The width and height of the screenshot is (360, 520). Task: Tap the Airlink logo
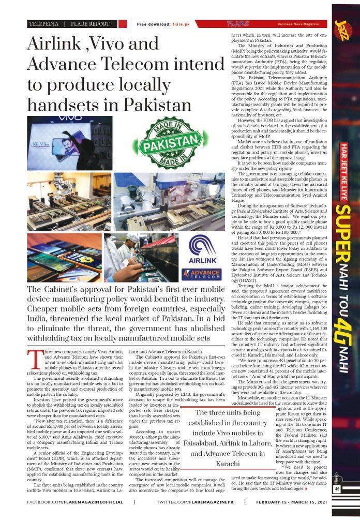tap(202, 250)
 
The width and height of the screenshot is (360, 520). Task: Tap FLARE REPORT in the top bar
tap(91, 24)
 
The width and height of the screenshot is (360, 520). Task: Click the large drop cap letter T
tap(35, 359)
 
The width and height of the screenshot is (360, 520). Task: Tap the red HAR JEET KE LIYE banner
tap(343, 166)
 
